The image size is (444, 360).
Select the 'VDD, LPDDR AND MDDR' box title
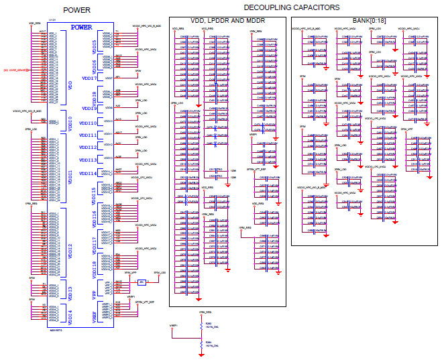pyautogui.click(x=227, y=21)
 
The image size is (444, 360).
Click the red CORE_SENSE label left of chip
pyautogui.click(x=15, y=69)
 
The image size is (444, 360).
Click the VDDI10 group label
pyautogui.click(x=89, y=123)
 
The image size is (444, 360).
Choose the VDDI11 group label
pyautogui.click(x=89, y=135)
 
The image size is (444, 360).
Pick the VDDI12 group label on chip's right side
pyautogui.click(x=89, y=147)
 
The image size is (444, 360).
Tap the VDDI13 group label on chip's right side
pyautogui.click(x=89, y=160)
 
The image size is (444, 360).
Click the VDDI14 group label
pyautogui.click(x=89, y=174)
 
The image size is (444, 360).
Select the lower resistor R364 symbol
pyautogui.click(x=200, y=343)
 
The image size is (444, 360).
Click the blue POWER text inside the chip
pyautogui.click(x=81, y=27)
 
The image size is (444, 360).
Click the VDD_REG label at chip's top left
pyautogui.click(x=35, y=23)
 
